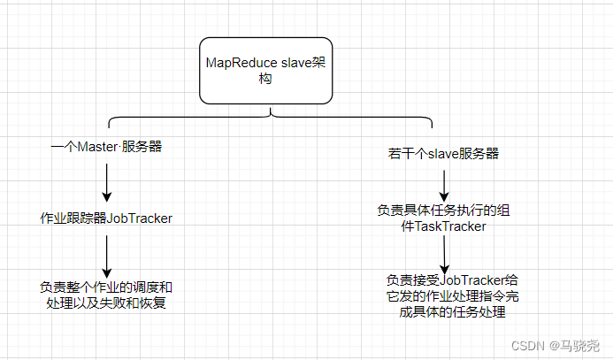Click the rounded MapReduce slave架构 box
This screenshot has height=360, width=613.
(265, 70)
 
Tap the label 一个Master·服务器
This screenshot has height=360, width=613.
(106, 147)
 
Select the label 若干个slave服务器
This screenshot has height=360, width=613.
(443, 153)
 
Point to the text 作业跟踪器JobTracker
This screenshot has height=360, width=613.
(106, 218)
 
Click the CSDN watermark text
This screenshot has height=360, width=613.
(528, 345)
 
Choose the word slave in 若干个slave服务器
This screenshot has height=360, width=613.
(440, 153)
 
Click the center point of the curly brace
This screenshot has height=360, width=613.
(271, 114)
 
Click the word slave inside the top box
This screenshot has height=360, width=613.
(298, 63)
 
